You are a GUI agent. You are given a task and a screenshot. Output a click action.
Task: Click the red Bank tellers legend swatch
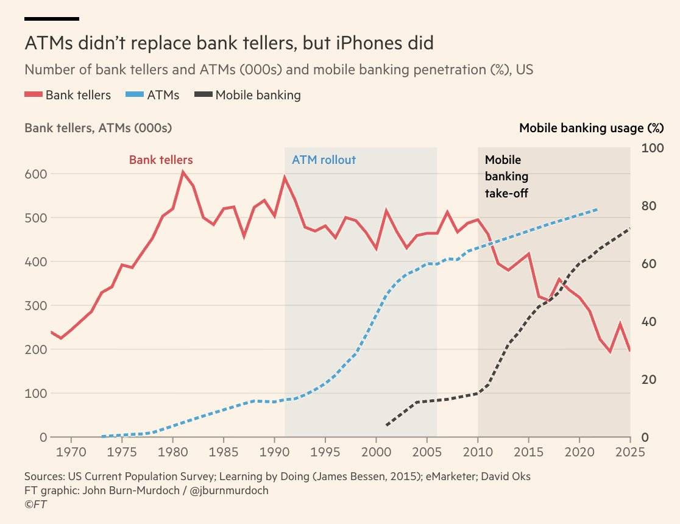[34, 95]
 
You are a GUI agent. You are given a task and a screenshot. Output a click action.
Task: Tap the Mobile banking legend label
[258, 95]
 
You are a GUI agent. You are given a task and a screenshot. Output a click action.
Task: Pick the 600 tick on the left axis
[35, 174]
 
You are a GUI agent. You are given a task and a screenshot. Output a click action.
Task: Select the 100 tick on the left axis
[35, 394]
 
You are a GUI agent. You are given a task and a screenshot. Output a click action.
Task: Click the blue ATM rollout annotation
[324, 160]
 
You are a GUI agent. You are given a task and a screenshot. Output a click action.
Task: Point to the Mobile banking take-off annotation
[506, 177]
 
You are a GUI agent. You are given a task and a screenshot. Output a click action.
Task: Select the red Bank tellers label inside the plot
[161, 160]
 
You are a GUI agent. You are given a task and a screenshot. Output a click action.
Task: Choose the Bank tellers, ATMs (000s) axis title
[98, 128]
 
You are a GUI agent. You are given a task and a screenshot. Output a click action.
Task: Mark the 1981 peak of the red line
[183, 172]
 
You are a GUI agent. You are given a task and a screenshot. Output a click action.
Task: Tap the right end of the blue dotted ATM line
[598, 209]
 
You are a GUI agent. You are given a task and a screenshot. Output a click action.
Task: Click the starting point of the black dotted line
[386, 425]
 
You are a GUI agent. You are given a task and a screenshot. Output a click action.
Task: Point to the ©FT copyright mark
[36, 505]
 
